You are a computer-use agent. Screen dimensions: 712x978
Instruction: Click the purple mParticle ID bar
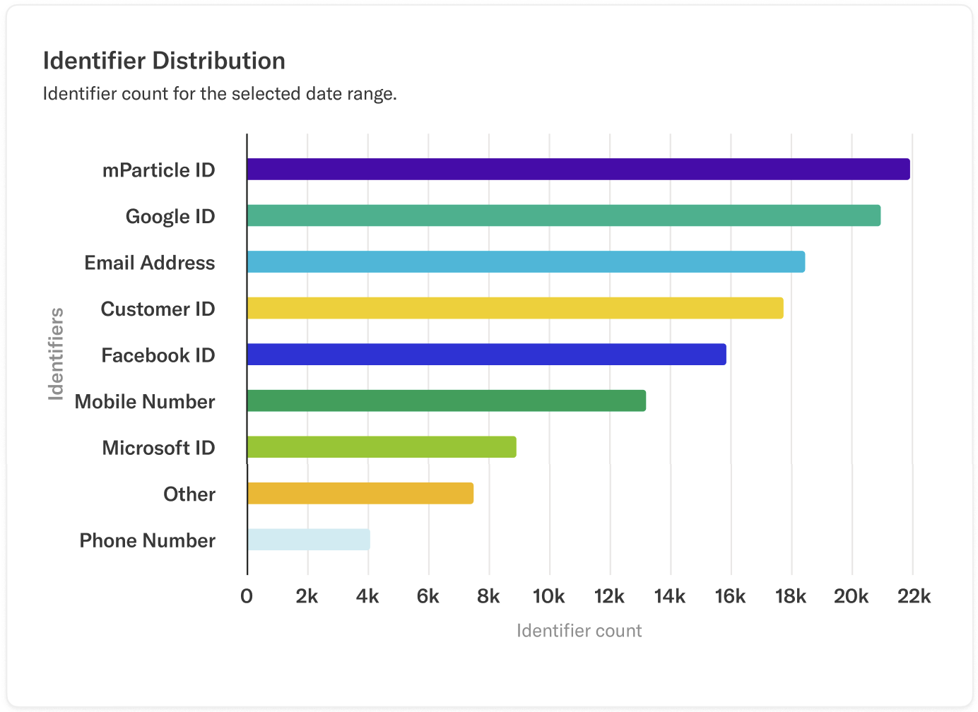(x=578, y=170)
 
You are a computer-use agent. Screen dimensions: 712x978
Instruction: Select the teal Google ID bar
(x=564, y=215)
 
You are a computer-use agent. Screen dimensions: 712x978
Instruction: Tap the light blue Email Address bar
(x=526, y=262)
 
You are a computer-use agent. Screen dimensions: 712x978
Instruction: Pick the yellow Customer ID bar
(x=515, y=308)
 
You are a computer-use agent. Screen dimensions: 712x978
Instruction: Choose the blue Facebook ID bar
(x=486, y=355)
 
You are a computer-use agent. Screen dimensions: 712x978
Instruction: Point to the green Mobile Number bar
(x=446, y=400)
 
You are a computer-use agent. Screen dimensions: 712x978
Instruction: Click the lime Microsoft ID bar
(x=382, y=447)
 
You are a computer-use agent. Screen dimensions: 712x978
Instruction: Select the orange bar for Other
(x=360, y=493)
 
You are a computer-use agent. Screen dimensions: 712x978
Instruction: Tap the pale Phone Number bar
(x=308, y=540)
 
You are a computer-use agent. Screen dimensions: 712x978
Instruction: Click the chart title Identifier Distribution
(x=164, y=61)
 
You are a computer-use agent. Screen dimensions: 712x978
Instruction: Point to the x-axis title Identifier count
(x=579, y=631)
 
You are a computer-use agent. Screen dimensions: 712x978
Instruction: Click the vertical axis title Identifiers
(x=56, y=354)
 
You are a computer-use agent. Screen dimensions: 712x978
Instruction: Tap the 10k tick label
(x=548, y=597)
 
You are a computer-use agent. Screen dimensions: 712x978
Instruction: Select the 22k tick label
(x=914, y=597)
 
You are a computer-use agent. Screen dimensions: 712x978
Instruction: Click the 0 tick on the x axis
(x=247, y=597)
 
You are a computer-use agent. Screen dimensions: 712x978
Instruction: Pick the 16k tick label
(x=730, y=597)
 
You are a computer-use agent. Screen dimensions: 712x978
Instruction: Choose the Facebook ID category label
(x=158, y=355)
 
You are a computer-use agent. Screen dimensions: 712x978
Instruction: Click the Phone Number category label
(x=147, y=540)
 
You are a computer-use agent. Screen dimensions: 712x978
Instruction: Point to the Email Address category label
(x=150, y=263)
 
